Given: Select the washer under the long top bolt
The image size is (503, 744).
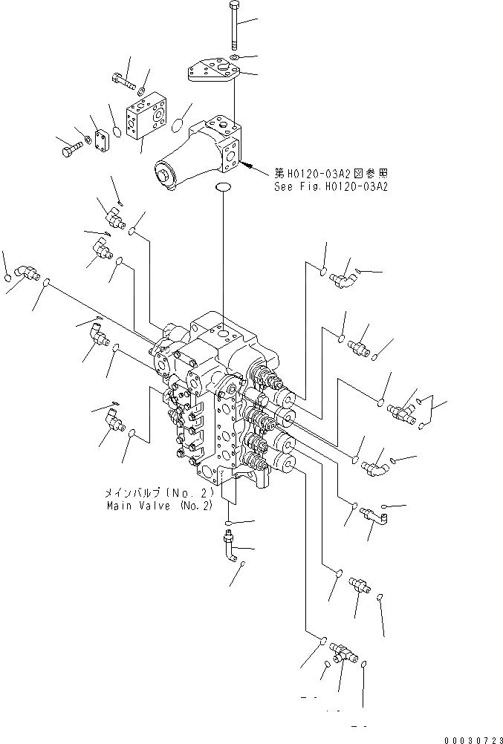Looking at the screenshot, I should point(234,56).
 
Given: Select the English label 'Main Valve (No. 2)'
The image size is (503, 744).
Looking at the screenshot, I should point(159,505).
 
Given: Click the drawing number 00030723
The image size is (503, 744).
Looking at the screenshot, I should point(473,737).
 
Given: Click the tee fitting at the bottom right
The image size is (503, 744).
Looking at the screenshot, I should point(343,651).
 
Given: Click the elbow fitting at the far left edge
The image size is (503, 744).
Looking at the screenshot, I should point(30,274).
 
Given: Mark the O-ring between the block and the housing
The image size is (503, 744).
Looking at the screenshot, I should point(178,125).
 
